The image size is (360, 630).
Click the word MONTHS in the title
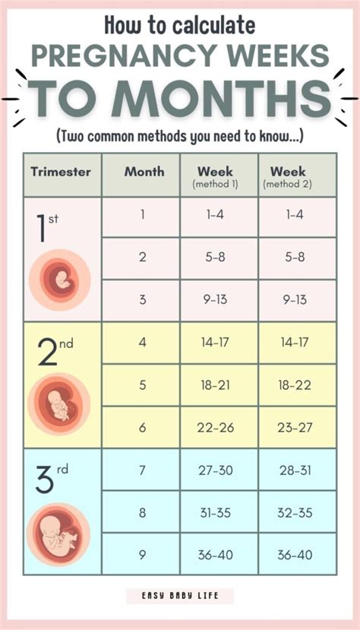point(220,99)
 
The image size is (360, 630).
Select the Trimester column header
point(61,171)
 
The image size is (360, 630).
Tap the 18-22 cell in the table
point(295,385)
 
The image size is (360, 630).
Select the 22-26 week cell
point(216,428)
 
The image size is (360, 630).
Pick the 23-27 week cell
point(295,428)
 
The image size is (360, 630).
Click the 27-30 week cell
point(216,470)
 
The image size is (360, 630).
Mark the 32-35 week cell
point(295,513)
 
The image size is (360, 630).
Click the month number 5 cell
point(142,385)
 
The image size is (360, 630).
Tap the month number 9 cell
point(142,556)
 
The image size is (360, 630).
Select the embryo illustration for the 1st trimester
point(59,281)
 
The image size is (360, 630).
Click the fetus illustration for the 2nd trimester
point(59,403)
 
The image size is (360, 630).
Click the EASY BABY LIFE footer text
point(180,597)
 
